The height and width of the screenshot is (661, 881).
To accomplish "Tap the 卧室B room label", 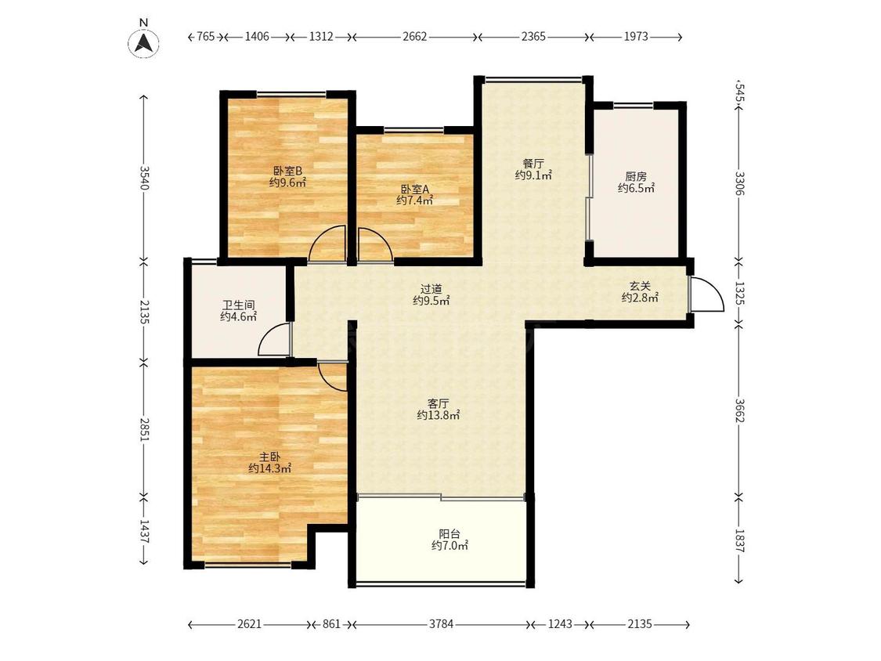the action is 288,170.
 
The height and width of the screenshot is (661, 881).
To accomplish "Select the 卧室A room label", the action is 415,190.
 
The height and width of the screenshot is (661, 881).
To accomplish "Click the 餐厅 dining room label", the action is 534,164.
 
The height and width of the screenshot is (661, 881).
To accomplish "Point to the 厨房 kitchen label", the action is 636,177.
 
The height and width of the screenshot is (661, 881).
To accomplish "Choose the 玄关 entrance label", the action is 640,286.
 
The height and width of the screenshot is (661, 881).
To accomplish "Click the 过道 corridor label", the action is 431,289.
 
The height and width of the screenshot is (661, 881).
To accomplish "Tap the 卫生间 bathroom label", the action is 239,305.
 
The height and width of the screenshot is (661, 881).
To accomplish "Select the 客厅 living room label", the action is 439,403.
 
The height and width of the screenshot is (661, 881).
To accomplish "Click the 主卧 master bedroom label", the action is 269,457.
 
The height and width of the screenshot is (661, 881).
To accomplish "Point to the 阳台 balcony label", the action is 450,534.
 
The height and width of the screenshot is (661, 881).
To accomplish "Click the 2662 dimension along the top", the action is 415,37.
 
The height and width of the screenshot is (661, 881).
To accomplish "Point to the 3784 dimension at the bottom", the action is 441,624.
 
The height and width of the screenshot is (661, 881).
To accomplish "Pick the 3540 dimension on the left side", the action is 144,178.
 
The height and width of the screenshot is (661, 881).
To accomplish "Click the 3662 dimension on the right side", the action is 738,411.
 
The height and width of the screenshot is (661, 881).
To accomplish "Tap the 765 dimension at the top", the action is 206,37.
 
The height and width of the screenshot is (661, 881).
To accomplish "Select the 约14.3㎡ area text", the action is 269,468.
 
